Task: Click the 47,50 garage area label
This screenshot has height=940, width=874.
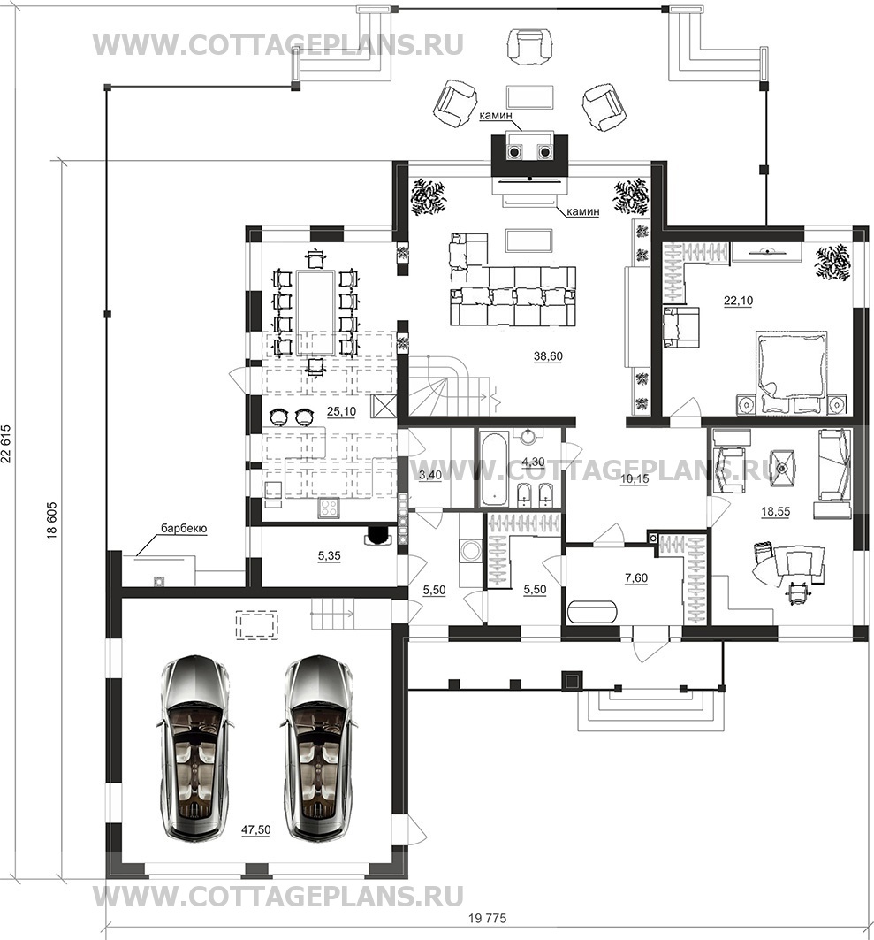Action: point(255,829)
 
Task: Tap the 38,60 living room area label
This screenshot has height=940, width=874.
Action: point(548,356)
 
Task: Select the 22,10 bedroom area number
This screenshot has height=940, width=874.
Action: point(739,301)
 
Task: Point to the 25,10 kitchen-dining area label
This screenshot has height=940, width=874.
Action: point(341,411)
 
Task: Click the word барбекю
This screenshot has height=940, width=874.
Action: point(183,529)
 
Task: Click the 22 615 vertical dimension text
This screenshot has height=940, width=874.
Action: point(6,444)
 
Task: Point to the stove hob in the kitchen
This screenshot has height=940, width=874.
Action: point(329,508)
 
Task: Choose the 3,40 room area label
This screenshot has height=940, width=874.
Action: point(429,476)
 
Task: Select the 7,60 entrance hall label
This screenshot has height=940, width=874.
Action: point(635,578)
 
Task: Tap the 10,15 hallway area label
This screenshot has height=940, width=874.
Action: point(634,479)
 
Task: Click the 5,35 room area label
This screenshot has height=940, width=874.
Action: point(329,555)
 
